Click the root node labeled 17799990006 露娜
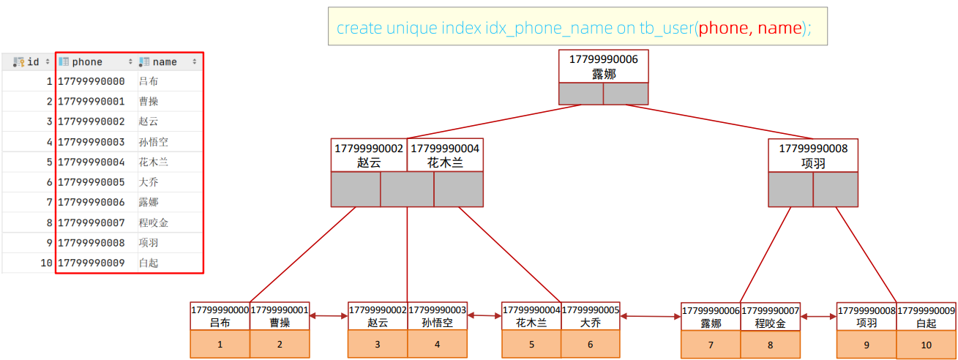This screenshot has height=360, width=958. [x=604, y=67]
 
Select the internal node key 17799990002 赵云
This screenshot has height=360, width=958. [x=369, y=155]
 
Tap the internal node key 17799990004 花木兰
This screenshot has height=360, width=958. [x=445, y=155]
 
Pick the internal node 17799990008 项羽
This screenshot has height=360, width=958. [x=813, y=156]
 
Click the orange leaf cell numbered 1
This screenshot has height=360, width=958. [x=220, y=344]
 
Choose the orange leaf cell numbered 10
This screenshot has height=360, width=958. [x=926, y=345]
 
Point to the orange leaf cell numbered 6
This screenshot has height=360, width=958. [x=590, y=344]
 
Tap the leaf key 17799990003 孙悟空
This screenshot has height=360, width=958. [x=437, y=316]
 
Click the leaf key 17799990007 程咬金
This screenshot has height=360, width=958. [x=770, y=317]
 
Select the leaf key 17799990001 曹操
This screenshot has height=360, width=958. [x=280, y=316]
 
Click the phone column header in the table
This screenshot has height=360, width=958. [x=95, y=62]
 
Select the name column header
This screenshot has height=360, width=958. [x=168, y=62]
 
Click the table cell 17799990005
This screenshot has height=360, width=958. [x=91, y=182]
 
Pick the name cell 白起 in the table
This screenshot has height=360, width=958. [x=149, y=263]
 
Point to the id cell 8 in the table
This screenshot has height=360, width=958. [x=49, y=222]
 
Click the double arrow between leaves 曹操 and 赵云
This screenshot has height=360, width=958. [x=329, y=316]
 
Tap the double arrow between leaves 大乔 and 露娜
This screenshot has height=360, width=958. [x=650, y=316]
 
